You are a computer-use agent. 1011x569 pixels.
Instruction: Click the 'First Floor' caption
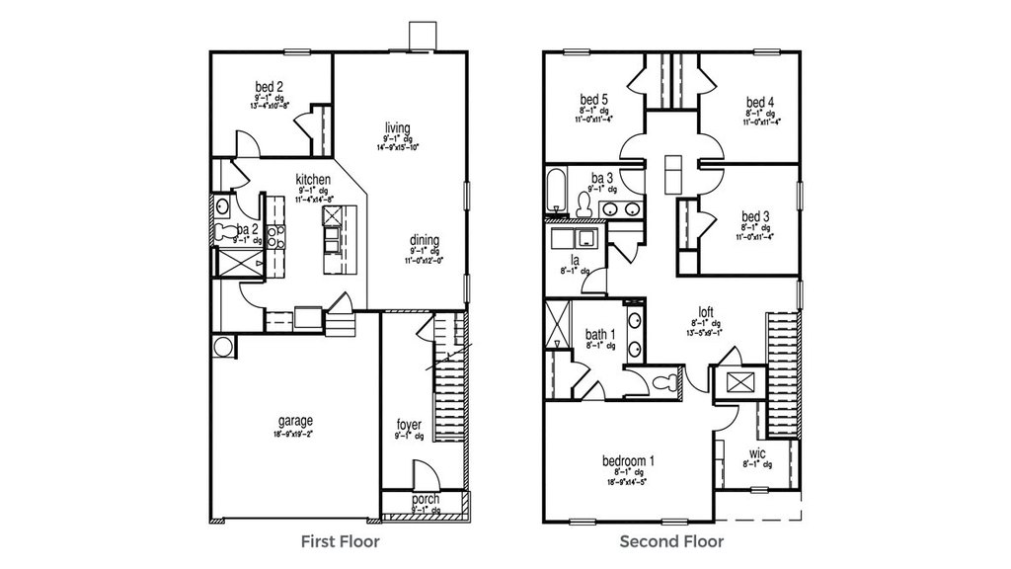pos(340,541)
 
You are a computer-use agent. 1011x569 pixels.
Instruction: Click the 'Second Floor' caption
pos(670,541)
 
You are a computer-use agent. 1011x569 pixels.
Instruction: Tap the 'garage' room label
pos(294,421)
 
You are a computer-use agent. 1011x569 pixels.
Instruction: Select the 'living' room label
pos(397,126)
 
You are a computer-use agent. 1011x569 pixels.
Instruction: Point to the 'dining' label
pos(426,240)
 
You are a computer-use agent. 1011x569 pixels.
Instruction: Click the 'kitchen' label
pos(312,179)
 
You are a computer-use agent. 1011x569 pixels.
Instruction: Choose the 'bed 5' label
pos(593,99)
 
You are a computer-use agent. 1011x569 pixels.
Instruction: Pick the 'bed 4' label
pos(759,102)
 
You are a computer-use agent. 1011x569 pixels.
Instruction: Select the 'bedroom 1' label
pos(629,460)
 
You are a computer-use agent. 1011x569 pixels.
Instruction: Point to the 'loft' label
pos(705,311)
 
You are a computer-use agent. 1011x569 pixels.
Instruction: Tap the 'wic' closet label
pos(757,453)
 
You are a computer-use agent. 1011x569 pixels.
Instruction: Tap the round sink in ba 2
pos(222,206)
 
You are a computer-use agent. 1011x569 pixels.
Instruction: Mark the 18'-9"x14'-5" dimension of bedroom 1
pos(629,483)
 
